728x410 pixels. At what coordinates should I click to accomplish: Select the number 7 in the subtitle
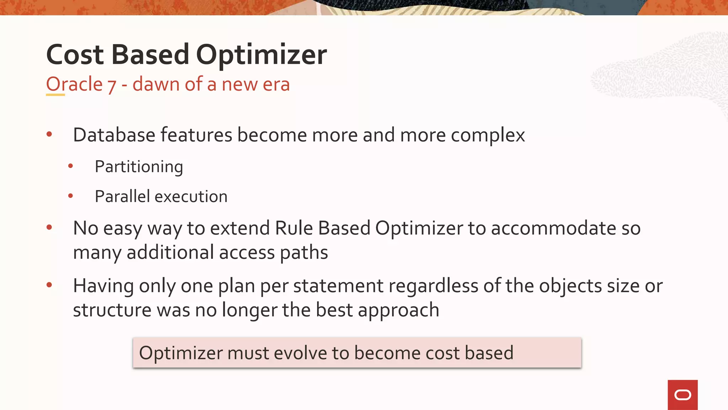click(x=112, y=85)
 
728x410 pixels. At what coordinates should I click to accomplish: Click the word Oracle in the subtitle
click(x=74, y=84)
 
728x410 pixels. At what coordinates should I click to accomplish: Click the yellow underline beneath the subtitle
click(x=55, y=95)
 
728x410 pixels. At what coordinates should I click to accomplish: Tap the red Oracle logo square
click(x=682, y=395)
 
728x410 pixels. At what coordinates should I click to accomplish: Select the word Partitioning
click(x=139, y=167)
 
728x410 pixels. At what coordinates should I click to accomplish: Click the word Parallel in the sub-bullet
click(x=123, y=196)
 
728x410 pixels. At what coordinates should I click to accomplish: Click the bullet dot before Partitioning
click(x=70, y=166)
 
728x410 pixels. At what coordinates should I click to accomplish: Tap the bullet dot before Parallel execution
click(x=70, y=196)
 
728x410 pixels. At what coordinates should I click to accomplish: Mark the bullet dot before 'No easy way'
click(x=49, y=227)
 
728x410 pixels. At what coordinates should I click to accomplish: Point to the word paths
click(x=304, y=253)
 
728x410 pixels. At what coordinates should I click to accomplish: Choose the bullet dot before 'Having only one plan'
click(x=49, y=285)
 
